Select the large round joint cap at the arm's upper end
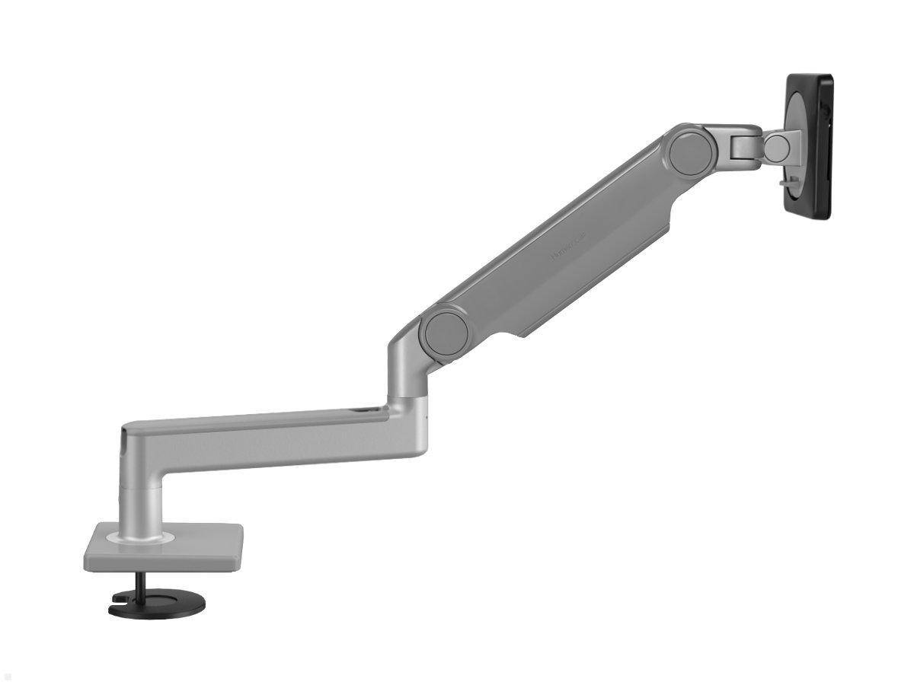tap(691, 149)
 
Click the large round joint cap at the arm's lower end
tap(446, 328)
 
